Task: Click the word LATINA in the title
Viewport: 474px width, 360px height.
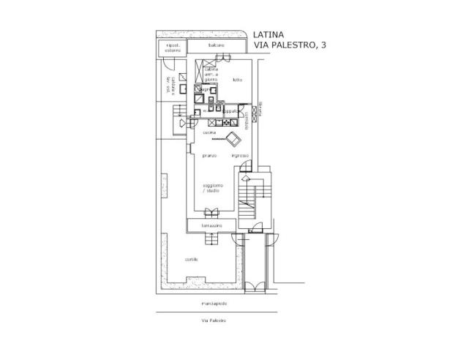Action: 269,34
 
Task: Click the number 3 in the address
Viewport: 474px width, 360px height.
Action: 323,45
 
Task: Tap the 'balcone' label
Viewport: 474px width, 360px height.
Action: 215,45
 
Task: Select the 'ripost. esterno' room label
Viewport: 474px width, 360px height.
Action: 173,48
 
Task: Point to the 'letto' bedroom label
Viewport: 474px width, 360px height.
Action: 237,79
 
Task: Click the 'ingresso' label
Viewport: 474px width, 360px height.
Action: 240,156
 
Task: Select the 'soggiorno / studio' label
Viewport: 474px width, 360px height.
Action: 212,188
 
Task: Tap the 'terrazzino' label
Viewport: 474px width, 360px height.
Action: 212,226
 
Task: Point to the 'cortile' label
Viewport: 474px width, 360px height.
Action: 192,260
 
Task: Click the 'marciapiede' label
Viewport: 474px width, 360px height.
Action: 214,302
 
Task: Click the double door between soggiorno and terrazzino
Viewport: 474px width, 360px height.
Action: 211,214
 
